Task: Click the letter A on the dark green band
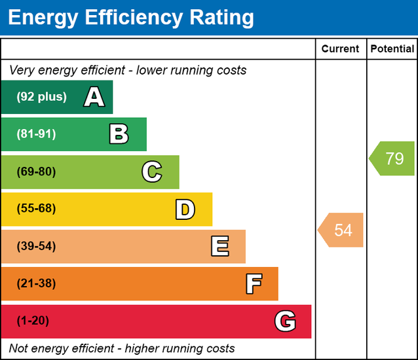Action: tap(94, 98)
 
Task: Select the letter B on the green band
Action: tap(119, 135)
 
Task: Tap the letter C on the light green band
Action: tap(151, 172)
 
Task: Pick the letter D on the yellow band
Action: tap(185, 209)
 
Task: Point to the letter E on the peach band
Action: tap(219, 247)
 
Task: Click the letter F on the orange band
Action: tap(254, 284)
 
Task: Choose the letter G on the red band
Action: tap(285, 321)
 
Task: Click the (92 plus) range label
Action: tap(41, 97)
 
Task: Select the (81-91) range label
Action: tap(36, 134)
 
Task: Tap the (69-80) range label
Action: tap(36, 171)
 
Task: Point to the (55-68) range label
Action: tap(36, 209)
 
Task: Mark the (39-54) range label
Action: tap(36, 246)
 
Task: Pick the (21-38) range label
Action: tap(36, 283)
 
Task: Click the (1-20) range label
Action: tap(33, 321)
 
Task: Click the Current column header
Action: tap(340, 49)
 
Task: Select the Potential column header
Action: tap(392, 49)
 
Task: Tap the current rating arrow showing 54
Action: tap(341, 230)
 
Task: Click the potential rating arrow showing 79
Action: tap(392, 158)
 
